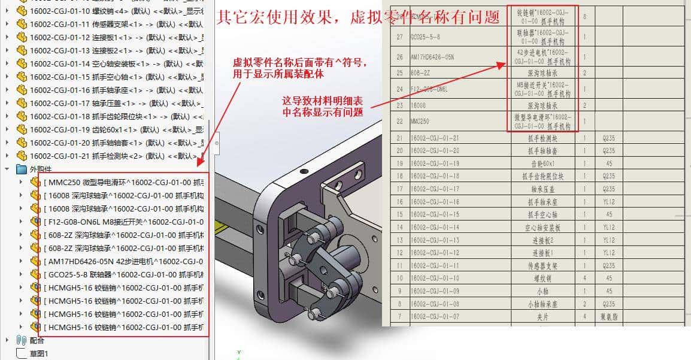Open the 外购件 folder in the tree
(41, 169)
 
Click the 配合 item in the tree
(37, 340)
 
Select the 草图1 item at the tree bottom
(39, 353)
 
